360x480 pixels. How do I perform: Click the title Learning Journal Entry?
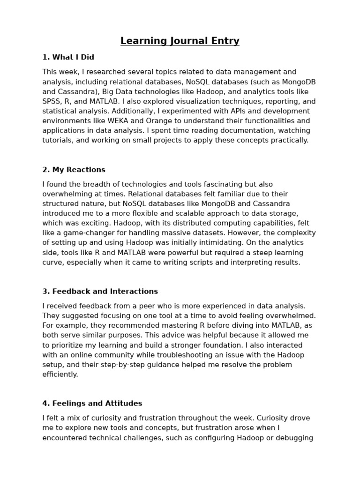[x=180, y=41]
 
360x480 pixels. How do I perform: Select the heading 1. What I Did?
[x=68, y=57]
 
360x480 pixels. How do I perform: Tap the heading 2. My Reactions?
[x=74, y=170]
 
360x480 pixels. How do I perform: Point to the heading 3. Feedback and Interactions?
[x=100, y=292]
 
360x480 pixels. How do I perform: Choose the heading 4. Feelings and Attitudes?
[x=92, y=404]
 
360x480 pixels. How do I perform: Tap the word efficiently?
[x=60, y=375]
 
